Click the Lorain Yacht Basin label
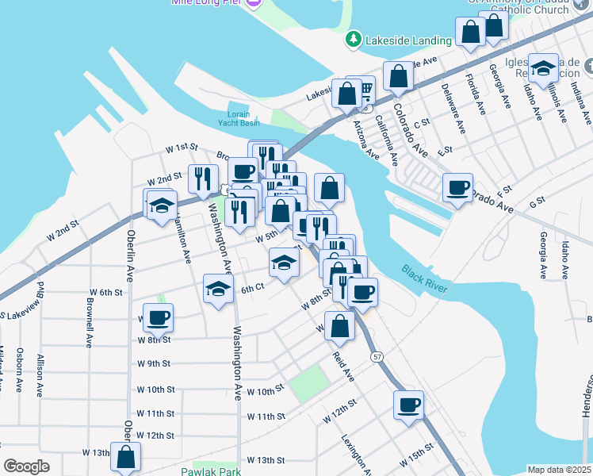[x=239, y=118]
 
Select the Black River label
[x=424, y=278]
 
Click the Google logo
[x=26, y=466]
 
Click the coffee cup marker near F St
[x=457, y=187]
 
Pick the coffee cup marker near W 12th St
[x=408, y=404]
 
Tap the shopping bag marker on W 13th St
[x=125, y=456]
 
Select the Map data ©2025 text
[x=559, y=470]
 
